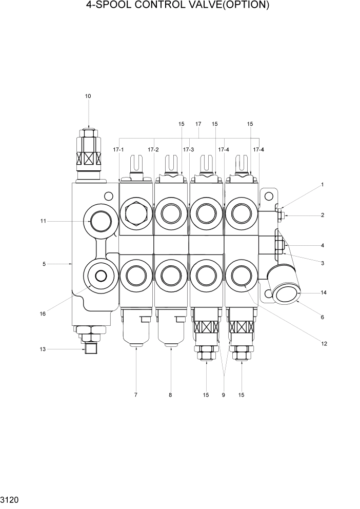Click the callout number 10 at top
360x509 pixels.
coord(88,96)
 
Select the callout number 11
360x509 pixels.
coord(44,221)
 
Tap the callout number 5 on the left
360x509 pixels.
coord(44,264)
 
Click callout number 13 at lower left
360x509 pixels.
coord(43,349)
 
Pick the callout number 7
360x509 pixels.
coord(135,395)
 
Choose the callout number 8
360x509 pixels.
coord(170,395)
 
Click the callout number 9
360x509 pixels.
coord(224,395)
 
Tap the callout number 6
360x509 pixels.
coord(323,317)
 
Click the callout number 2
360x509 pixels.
coord(323,216)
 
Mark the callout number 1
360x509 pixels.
coord(323,184)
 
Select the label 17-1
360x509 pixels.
coord(118,149)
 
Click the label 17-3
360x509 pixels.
coord(188,149)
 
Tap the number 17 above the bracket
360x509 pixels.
coord(198,124)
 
